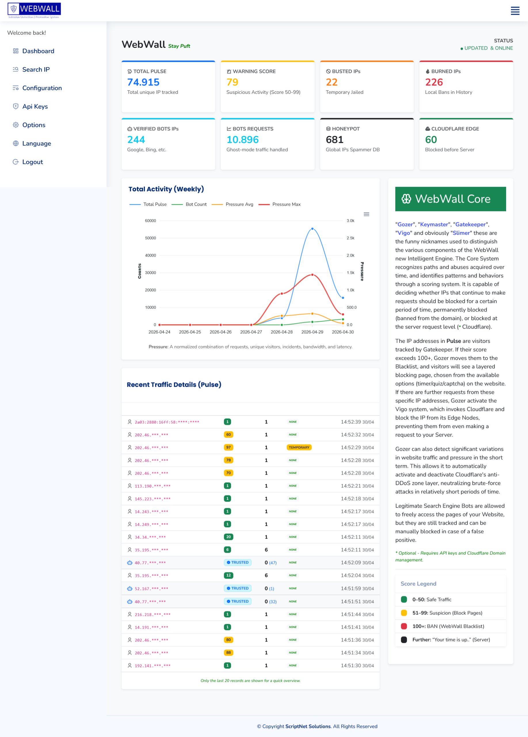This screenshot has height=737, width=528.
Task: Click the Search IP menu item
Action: point(36,70)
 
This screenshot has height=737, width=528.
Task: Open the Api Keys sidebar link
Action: point(35,107)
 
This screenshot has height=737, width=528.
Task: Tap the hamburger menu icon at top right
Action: point(515,11)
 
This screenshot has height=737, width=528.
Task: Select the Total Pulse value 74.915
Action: point(143,82)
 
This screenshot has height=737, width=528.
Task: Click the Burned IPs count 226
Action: point(434,82)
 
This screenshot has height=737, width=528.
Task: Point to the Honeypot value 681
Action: point(334,140)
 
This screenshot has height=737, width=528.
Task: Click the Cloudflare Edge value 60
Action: point(431,140)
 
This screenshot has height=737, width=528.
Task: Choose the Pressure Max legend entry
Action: point(286,204)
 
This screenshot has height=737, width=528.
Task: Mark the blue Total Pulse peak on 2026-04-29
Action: point(312,229)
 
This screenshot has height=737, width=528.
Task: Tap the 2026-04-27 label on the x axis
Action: point(251,332)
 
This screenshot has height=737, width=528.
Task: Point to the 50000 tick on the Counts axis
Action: point(150,238)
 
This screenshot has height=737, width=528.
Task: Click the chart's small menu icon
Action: point(366,214)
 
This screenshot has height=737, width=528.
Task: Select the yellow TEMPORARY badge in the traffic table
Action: point(299,447)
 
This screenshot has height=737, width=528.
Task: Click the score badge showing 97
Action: point(228,447)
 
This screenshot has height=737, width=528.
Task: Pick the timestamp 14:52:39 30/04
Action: point(357,422)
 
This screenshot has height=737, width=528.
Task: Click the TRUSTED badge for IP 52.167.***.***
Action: point(238,588)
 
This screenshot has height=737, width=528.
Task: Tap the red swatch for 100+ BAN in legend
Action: point(404,626)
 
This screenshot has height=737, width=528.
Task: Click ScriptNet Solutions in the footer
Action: point(308,726)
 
